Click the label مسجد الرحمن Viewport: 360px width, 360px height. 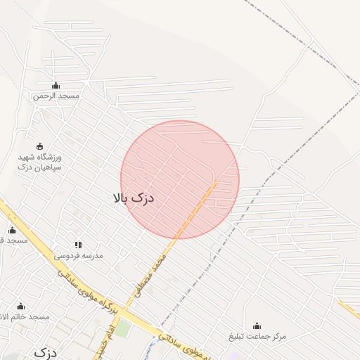[x=56, y=96]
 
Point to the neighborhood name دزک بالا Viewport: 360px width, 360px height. [x=133, y=199]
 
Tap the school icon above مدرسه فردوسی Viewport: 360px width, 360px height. [x=77, y=245]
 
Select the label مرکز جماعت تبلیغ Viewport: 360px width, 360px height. [x=257, y=336]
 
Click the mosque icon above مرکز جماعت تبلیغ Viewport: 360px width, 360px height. [x=257, y=326]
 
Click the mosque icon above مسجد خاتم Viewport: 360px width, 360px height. [x=20, y=307]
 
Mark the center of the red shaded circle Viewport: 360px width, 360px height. [x=180, y=179]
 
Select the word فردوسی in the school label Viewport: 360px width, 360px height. [x=69, y=255]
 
